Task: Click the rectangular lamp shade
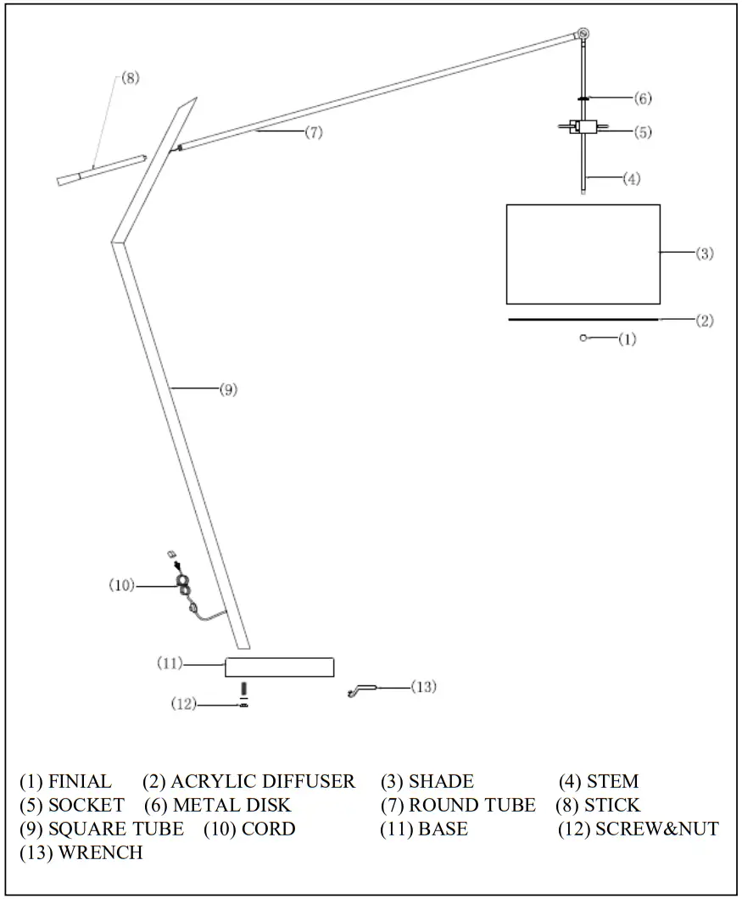coord(583,254)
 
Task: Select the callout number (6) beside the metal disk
coord(642,98)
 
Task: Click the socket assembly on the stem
coord(584,129)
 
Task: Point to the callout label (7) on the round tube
coord(314,133)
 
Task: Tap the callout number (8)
coord(129,78)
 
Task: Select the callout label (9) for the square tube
coord(228,389)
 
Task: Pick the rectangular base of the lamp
coord(279,667)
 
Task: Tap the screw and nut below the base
coord(243,695)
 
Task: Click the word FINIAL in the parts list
coord(79,781)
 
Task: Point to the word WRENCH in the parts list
coord(100,852)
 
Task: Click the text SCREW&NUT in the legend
coord(656,829)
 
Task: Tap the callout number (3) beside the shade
coord(705,254)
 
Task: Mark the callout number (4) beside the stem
coord(631,179)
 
